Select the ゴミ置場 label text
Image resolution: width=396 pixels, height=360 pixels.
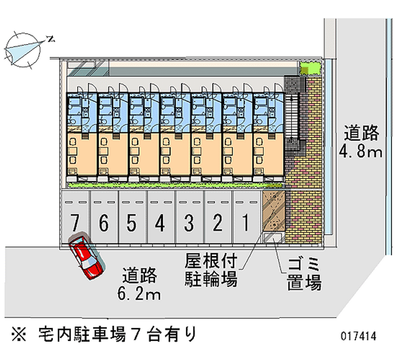pos(303,273)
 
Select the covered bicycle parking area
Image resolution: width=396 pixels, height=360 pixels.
pos(274,210)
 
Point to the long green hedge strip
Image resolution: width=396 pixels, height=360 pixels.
pos(176,185)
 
